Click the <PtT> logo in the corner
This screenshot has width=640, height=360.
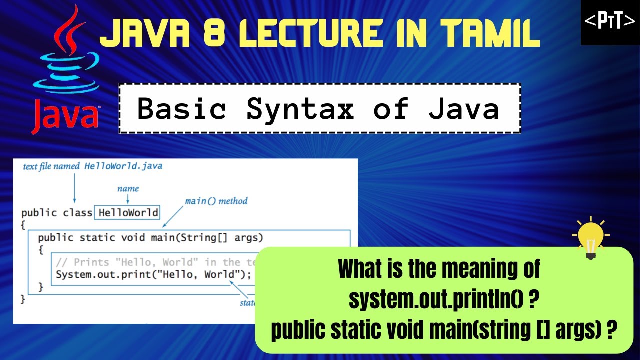(x=610, y=22)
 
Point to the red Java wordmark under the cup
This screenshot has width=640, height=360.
(x=65, y=115)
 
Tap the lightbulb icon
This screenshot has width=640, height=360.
(x=591, y=238)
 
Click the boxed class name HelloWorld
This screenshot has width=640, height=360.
(x=128, y=213)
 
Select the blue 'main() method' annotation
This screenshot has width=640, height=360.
(x=216, y=201)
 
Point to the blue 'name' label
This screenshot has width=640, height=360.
(x=128, y=189)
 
